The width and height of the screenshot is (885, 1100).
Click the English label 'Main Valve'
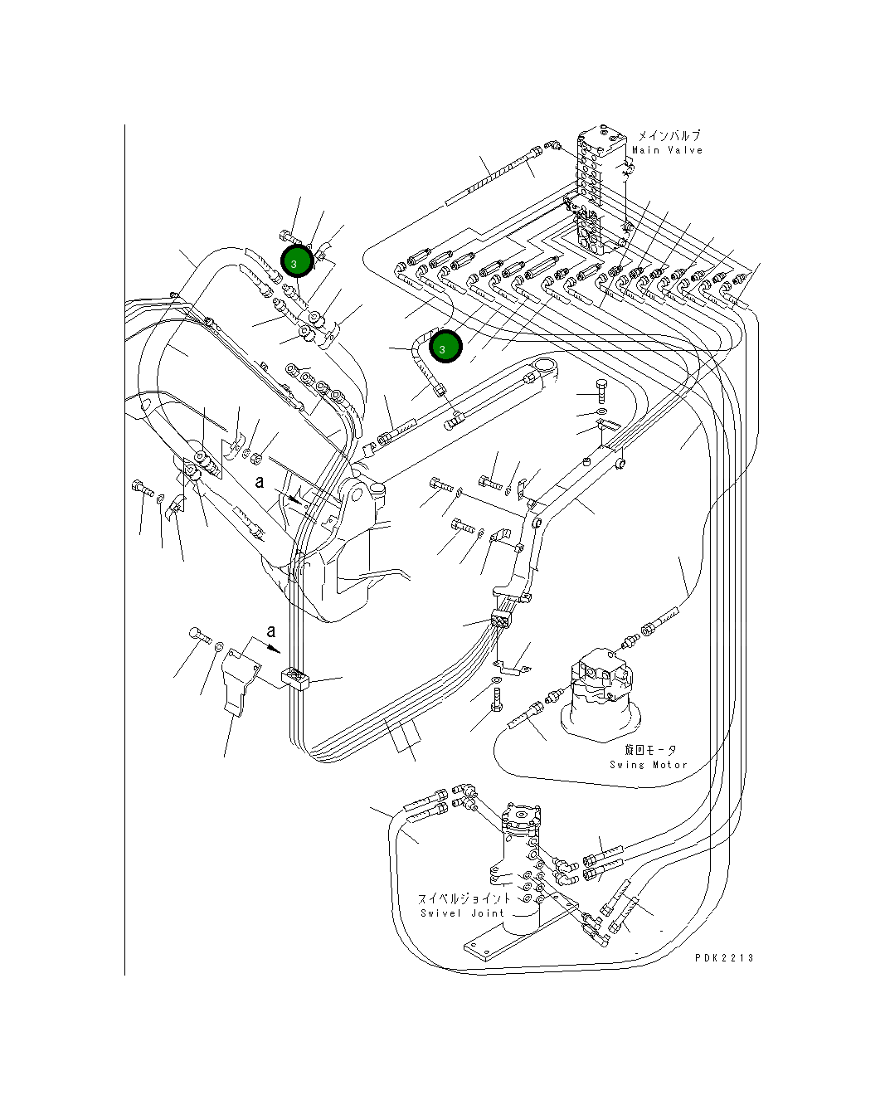[667, 150]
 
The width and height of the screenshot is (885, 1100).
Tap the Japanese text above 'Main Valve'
[669, 136]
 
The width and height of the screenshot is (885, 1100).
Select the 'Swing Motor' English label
[649, 765]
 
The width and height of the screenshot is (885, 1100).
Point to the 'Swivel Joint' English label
[462, 913]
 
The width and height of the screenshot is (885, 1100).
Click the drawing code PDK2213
[724, 958]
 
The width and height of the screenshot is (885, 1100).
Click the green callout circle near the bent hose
[445, 347]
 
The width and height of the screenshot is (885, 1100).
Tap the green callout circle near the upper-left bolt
[297, 261]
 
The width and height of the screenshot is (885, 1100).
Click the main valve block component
[601, 189]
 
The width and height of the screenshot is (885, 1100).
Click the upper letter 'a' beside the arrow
[260, 482]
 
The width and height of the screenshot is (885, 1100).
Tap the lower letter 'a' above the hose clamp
[271, 632]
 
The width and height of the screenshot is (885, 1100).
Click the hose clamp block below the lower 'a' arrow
[295, 679]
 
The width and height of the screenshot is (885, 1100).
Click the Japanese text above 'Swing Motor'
[650, 750]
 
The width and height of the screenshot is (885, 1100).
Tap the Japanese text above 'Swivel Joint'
[464, 898]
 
